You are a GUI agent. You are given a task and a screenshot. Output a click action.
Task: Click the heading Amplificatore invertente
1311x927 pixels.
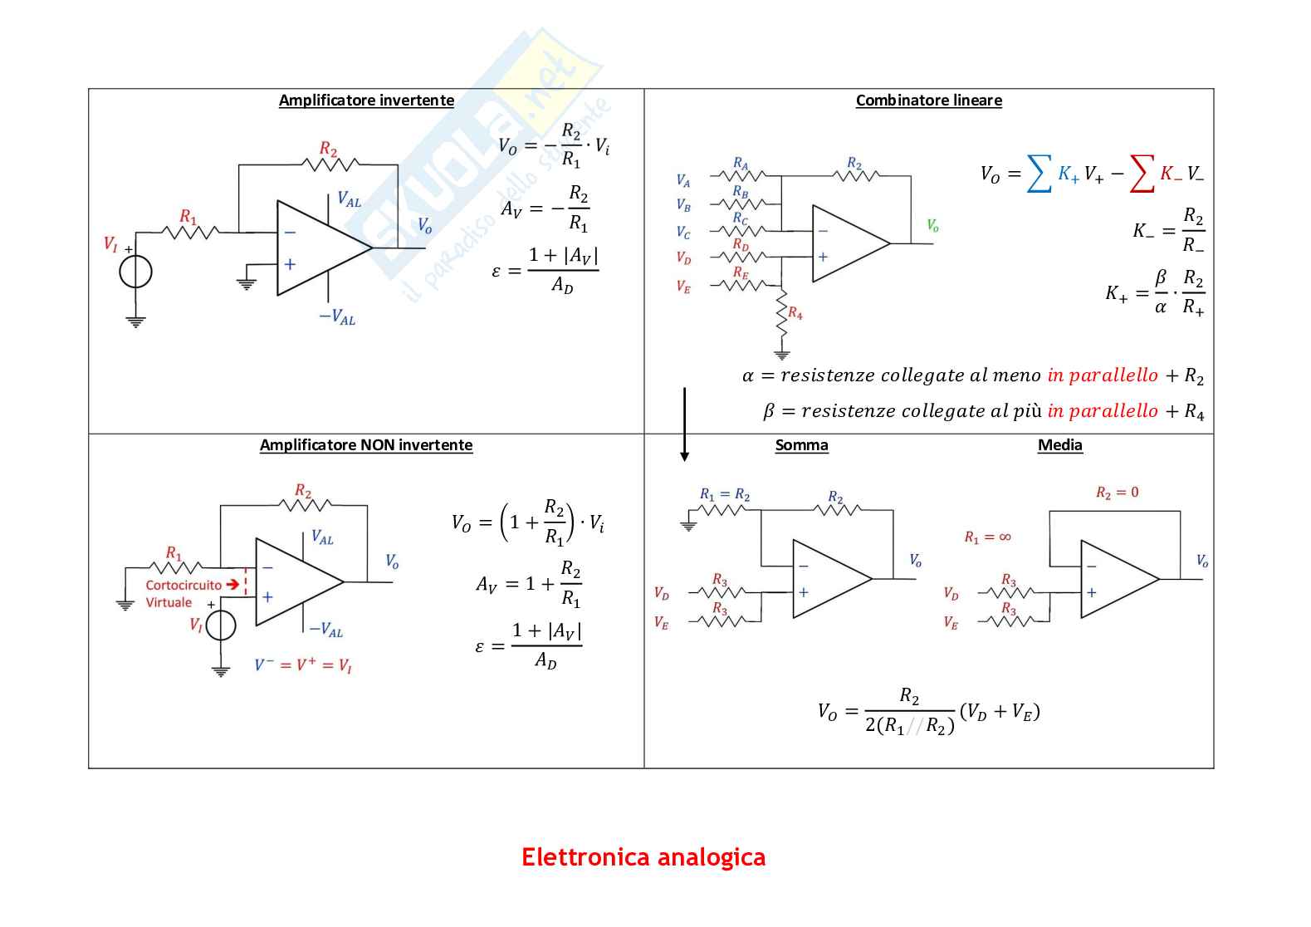tap(366, 101)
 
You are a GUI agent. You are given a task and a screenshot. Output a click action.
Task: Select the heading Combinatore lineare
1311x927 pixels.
tap(929, 101)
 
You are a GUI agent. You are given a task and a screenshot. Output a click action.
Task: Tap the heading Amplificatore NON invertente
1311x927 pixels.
tap(366, 445)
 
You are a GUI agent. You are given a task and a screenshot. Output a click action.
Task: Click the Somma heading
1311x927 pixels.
tap(801, 445)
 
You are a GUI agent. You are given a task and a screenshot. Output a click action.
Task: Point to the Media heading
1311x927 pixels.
tap(1060, 445)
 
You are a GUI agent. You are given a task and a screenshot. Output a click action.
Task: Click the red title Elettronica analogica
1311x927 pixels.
tap(643, 856)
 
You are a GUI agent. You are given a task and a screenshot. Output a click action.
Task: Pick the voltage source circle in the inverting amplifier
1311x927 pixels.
tap(136, 272)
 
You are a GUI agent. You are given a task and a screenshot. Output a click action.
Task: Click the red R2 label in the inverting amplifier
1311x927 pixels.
tap(328, 150)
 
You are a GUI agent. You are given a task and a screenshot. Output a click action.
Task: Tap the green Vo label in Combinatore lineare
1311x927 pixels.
tap(932, 225)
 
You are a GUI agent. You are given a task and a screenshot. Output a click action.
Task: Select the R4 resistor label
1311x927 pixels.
tap(795, 313)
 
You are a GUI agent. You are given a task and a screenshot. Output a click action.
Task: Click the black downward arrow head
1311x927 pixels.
tap(684, 457)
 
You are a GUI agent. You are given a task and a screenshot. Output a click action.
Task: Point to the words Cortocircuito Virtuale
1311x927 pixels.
tap(183, 593)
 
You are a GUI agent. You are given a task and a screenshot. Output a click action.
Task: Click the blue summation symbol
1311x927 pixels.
tap(1039, 174)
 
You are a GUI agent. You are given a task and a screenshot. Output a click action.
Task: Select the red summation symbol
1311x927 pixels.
tap(1142, 174)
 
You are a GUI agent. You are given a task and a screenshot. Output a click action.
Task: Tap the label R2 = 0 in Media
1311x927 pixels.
tap(1118, 493)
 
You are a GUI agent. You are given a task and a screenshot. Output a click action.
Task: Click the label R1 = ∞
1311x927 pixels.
tap(987, 537)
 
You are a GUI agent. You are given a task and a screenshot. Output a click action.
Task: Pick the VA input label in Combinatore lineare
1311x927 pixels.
tap(683, 180)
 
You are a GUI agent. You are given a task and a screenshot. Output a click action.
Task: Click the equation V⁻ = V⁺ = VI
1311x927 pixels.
tap(303, 665)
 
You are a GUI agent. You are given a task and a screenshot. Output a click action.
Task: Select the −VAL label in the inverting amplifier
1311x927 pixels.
tap(337, 317)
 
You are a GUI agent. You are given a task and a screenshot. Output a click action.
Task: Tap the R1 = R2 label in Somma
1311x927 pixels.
tap(725, 495)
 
